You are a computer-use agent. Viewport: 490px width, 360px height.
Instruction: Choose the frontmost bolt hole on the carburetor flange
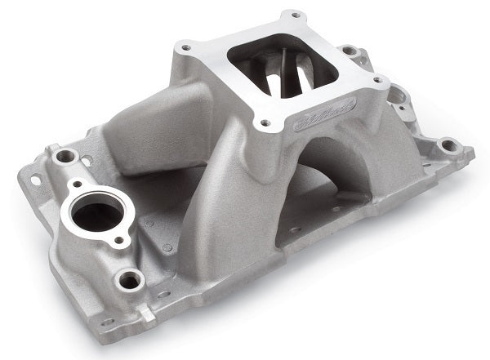coord(265,125)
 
